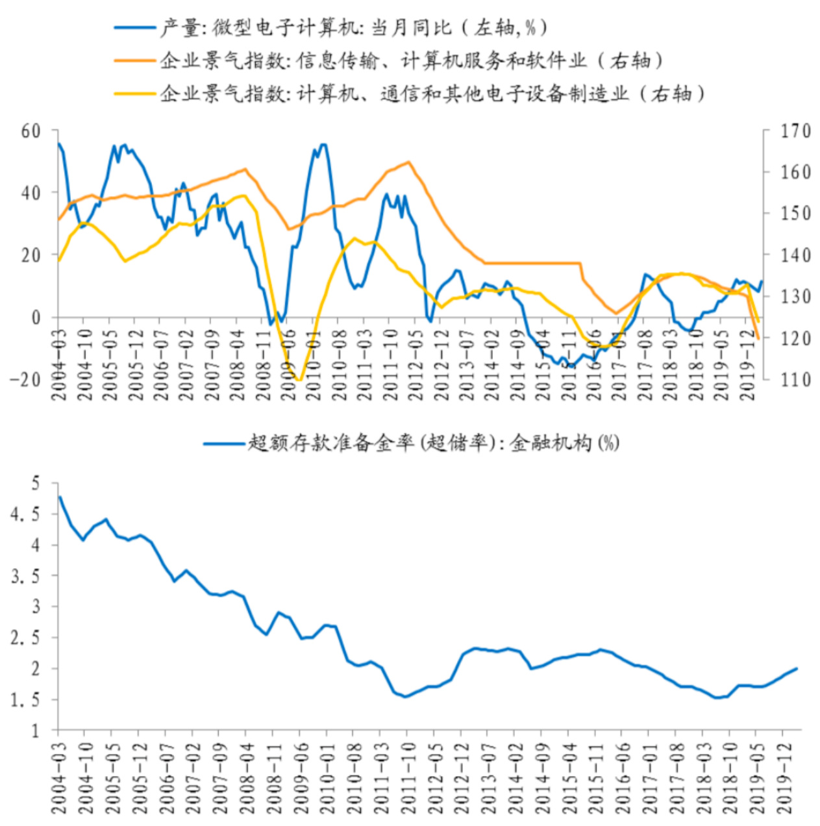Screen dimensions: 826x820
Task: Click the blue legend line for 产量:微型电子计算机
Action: [135, 28]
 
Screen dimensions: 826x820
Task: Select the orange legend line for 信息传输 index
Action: [135, 60]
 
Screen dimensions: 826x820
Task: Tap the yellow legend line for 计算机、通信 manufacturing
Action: [135, 94]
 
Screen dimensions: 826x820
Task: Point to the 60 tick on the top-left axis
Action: [31, 131]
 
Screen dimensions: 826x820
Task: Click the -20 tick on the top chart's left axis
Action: [26, 379]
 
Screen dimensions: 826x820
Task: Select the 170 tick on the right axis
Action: [795, 131]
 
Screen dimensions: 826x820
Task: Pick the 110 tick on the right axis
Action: [795, 379]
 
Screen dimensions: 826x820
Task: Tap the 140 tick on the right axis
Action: [795, 255]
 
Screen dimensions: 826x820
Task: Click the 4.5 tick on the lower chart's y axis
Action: [26, 514]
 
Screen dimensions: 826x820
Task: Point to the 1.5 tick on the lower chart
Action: [26, 700]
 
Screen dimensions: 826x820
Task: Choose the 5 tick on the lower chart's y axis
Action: [35, 483]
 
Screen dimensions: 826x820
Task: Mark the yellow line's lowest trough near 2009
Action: [299, 379]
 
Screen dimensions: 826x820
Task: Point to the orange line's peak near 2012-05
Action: [408, 162]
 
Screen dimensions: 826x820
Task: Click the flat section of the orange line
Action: [532, 263]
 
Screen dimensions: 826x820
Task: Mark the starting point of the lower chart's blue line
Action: [60, 497]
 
